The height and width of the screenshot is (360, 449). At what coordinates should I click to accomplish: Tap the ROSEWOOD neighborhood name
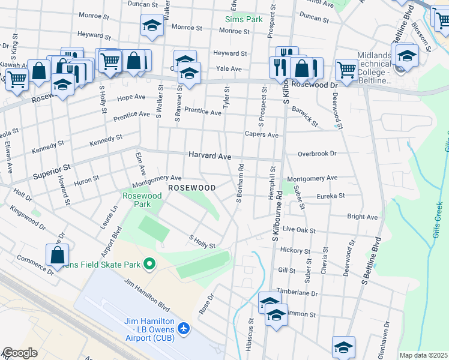[191, 188]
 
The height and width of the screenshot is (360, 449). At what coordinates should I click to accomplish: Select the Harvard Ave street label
[209, 155]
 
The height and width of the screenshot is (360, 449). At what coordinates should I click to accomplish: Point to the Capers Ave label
[261, 135]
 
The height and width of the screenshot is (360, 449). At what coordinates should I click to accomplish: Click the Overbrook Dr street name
[317, 154]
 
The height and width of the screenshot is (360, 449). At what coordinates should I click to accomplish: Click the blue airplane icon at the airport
[184, 328]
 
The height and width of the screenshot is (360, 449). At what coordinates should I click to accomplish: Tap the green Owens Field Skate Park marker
[149, 264]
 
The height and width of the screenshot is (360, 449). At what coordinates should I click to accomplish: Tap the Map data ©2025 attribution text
[423, 355]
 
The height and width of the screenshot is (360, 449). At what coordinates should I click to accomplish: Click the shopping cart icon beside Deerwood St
[346, 70]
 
